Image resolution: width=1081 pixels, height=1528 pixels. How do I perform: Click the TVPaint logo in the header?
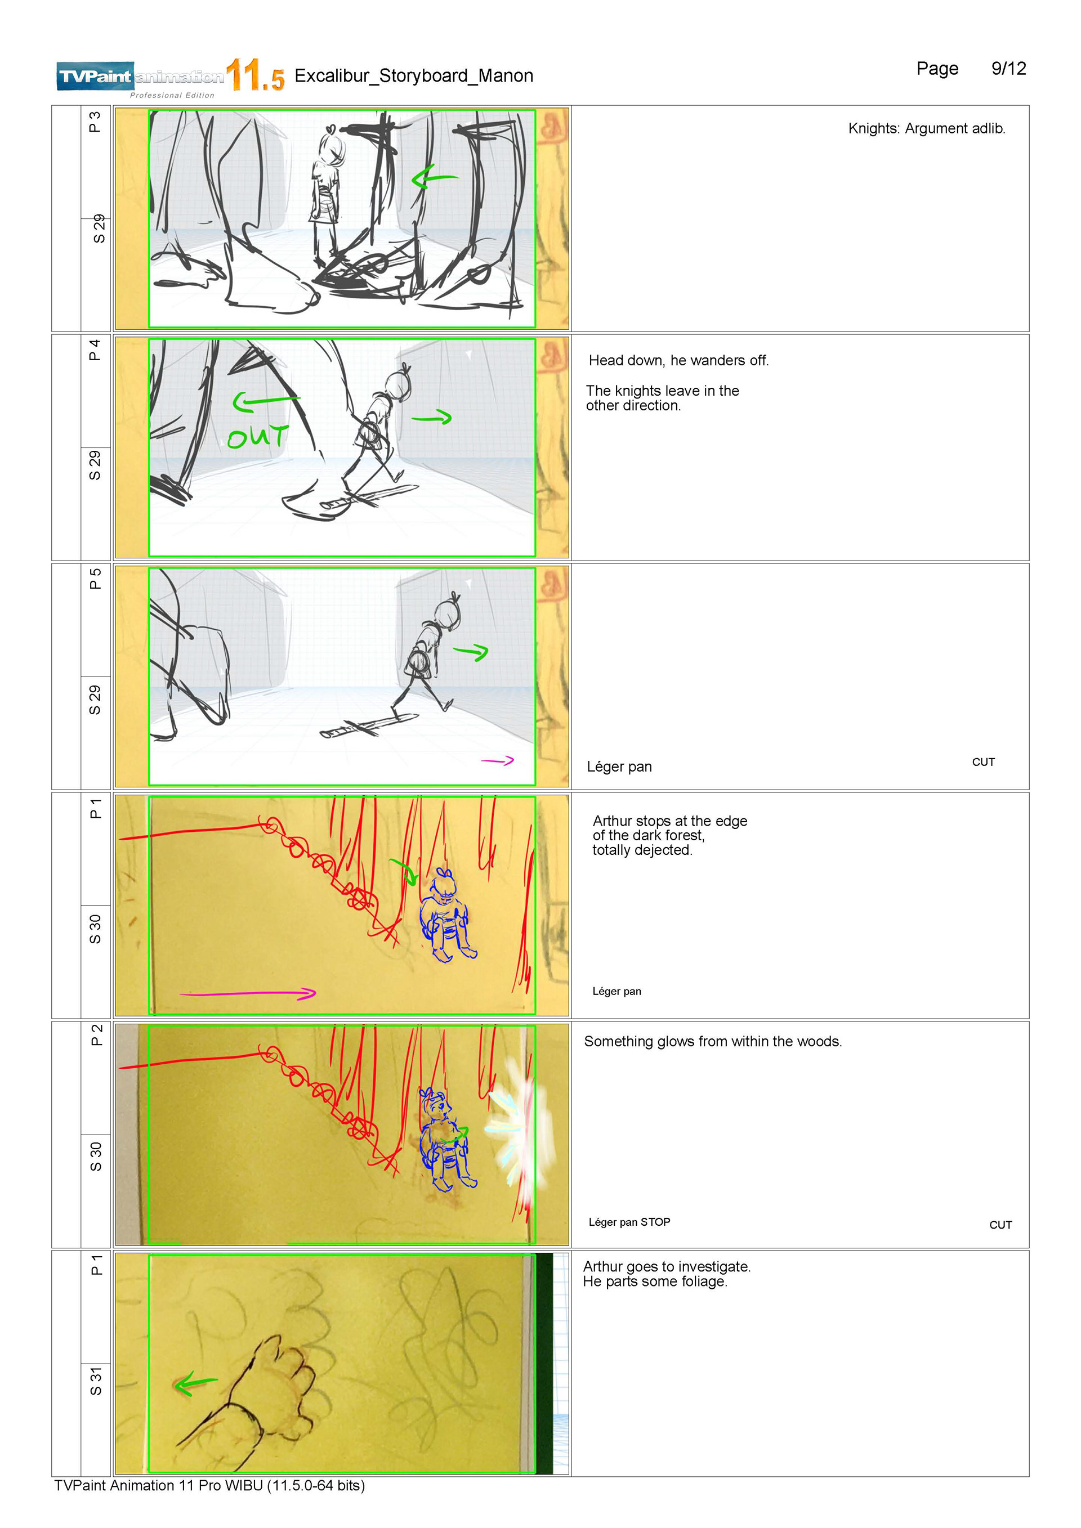140,77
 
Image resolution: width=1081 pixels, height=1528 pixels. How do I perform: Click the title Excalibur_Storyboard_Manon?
413,76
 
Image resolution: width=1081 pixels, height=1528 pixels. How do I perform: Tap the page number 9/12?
1008,69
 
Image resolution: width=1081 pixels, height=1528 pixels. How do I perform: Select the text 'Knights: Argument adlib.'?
926,128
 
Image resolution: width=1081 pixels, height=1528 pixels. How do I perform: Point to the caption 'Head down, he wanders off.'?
678,361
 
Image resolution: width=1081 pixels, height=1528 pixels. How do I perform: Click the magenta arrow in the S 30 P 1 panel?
248,994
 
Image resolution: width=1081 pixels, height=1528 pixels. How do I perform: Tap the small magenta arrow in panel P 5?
497,761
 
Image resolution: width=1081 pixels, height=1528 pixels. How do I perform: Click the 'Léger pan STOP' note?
629,1222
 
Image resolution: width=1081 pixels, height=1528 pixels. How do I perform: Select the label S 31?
96,1381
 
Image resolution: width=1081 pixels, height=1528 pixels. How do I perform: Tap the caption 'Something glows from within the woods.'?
712,1042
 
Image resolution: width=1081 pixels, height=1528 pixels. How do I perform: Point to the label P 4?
95,349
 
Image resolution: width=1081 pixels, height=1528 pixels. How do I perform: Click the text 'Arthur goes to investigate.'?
666,1266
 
